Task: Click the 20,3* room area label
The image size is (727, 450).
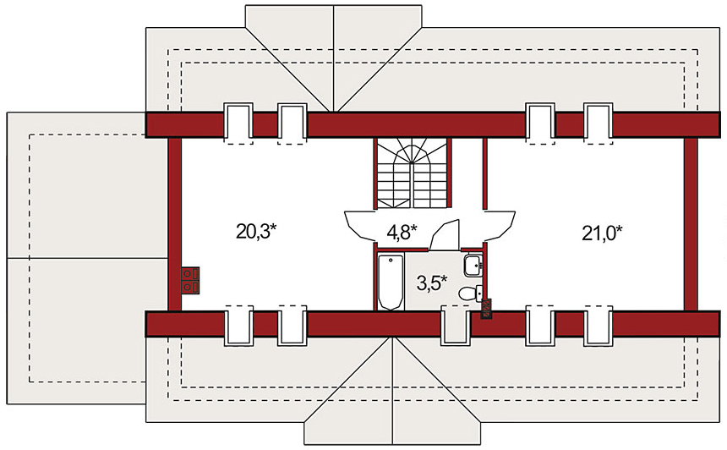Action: coord(256,231)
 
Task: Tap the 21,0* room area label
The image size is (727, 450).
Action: coord(602,233)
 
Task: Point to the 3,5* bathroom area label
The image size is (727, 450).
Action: coord(432,283)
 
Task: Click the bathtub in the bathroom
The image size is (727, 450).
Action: coord(391,282)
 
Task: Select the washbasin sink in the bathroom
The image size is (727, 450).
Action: coord(473,266)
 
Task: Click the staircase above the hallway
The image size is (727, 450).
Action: coord(413,173)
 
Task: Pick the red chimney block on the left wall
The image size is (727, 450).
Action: coord(190,281)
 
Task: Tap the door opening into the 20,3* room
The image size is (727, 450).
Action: coord(360,227)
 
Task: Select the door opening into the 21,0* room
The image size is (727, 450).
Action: coord(500,227)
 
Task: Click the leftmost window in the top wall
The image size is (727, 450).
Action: coord(238,122)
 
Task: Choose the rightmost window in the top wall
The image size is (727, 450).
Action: coord(599,122)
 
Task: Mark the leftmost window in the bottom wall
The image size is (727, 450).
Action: coord(238,326)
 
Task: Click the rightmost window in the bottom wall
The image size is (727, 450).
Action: coord(599,326)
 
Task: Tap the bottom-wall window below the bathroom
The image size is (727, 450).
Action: coord(456,326)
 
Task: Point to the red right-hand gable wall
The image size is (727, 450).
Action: coord(691,224)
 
